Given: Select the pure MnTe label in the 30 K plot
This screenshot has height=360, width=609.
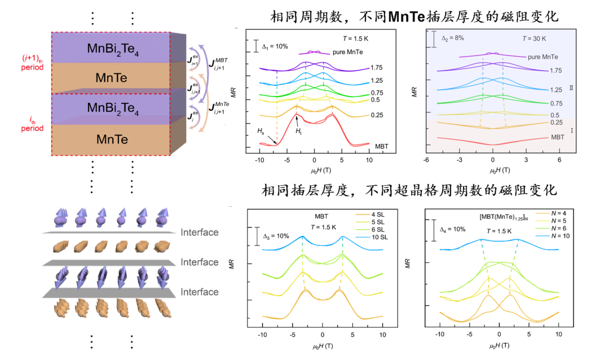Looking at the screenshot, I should (x=543, y=57).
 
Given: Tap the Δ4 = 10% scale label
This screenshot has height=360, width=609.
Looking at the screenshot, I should (x=453, y=230).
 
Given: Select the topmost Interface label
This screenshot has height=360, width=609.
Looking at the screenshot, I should (x=199, y=232).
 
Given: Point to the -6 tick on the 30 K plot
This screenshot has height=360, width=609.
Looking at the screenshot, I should (x=426, y=160).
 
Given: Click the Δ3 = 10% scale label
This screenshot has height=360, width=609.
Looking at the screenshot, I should (x=277, y=238).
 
